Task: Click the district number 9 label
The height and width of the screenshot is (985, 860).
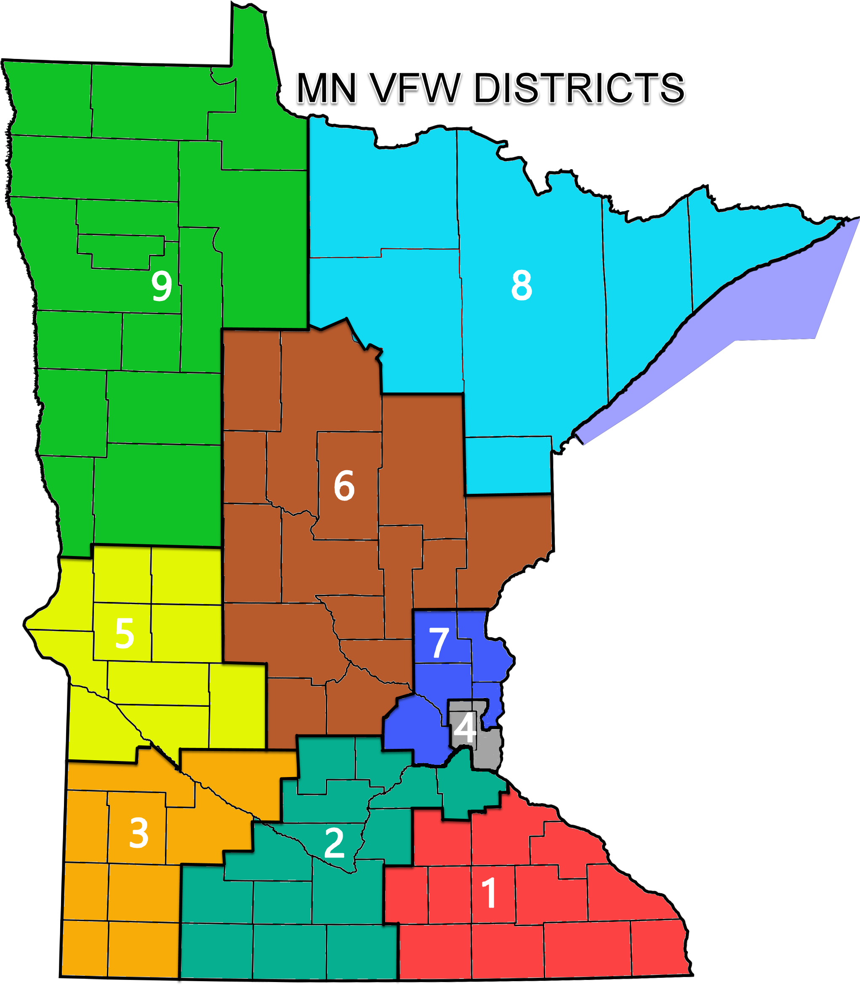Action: pyautogui.click(x=162, y=286)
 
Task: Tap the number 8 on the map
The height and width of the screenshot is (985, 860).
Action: pyautogui.click(x=522, y=286)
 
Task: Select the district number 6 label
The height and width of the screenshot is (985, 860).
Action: pyautogui.click(x=344, y=486)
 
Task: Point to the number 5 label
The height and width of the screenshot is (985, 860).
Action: pyautogui.click(x=124, y=634)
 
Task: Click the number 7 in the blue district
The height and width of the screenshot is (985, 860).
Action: pyautogui.click(x=438, y=643)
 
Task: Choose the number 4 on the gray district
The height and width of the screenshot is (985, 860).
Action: pyautogui.click(x=465, y=727)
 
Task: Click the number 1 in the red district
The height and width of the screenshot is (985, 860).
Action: pyautogui.click(x=489, y=893)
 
